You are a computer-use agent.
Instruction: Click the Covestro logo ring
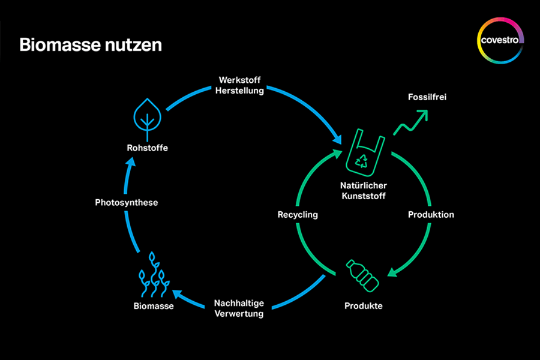coord(501,40)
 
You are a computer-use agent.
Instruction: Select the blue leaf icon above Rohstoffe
coord(146,115)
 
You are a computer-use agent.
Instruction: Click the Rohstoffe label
coord(147,148)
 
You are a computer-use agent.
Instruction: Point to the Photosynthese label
coord(127,202)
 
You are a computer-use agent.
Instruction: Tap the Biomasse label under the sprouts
coord(154,306)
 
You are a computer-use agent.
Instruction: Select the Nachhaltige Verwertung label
coord(239,308)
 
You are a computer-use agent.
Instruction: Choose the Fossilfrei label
coord(427,97)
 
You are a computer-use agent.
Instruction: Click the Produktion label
coord(431,214)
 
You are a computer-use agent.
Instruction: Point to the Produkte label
coord(363,306)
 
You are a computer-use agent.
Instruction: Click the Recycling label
coord(298,214)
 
